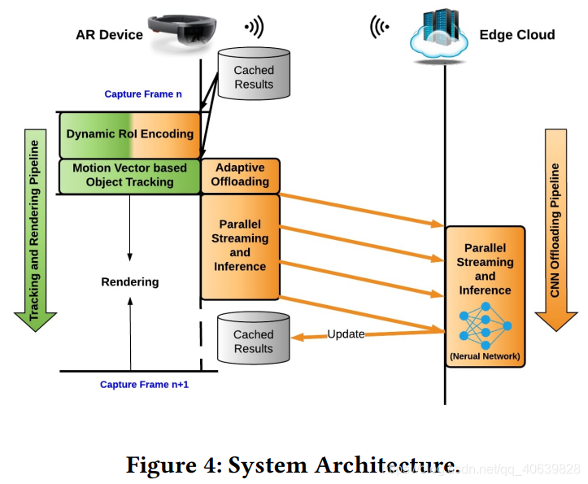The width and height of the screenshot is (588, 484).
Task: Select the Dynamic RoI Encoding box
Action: pos(130,135)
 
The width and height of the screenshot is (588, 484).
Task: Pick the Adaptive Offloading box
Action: pos(241,176)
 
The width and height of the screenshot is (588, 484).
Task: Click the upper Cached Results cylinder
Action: pos(254,74)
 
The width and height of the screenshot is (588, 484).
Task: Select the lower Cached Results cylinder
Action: pos(254,338)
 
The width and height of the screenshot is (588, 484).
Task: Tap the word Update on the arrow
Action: pos(346,334)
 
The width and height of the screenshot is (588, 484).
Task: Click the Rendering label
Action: pos(130,281)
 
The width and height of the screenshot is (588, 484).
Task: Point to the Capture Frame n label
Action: pos(143,94)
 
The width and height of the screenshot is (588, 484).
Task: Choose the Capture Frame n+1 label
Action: pos(145,385)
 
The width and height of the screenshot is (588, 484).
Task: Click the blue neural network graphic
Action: pos(486,325)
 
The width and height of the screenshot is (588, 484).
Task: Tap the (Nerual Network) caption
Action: pos(485,356)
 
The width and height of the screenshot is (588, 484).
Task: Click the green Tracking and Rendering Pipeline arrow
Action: pos(35,230)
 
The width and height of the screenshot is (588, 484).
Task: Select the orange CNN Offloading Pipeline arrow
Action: pos(555,230)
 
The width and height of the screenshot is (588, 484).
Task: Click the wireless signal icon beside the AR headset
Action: pos(255,27)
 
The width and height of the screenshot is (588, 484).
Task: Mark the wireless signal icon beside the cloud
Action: pos(380,27)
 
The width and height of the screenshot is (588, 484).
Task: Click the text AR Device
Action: pos(109,35)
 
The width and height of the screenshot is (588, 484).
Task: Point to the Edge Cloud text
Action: pos(517,35)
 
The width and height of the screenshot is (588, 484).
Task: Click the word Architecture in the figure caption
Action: pos(387,465)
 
